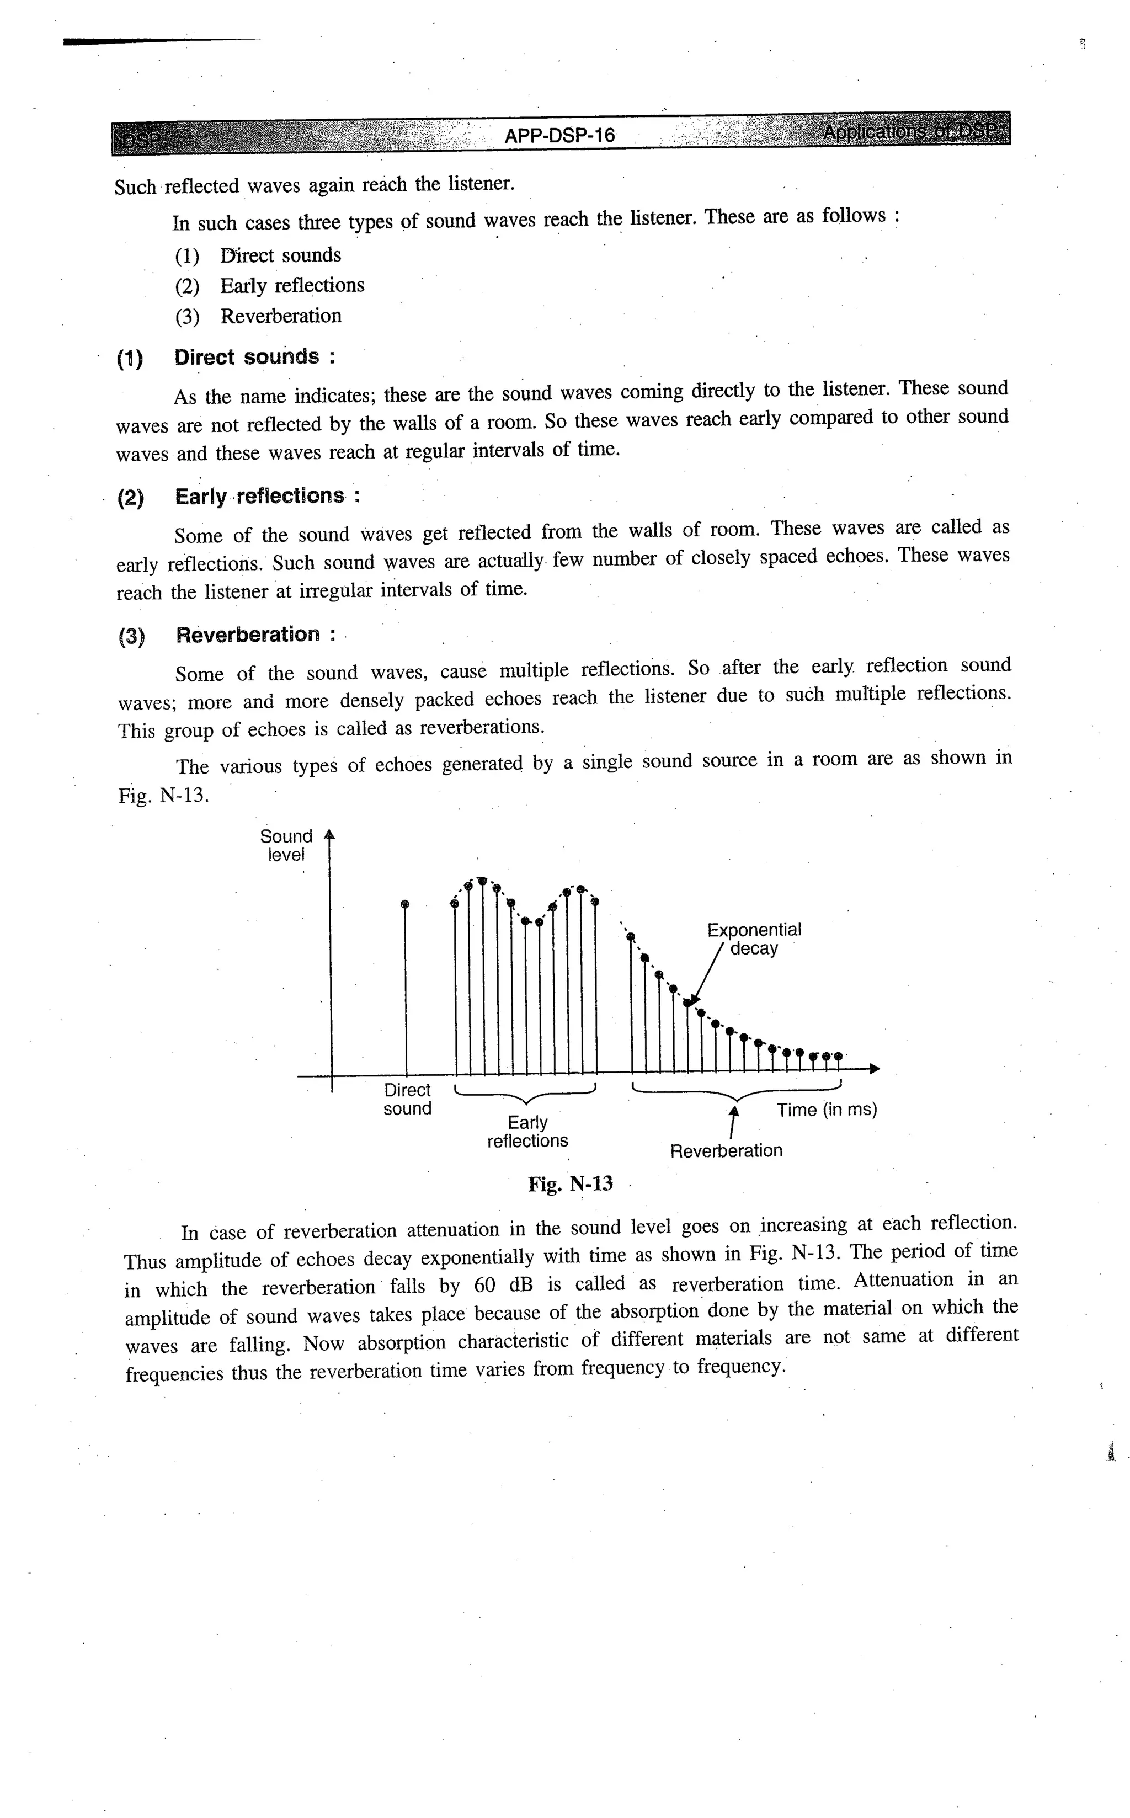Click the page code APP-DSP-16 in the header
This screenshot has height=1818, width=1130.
559,135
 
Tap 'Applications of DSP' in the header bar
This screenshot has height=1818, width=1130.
913,132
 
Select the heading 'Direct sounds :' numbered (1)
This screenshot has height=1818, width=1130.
254,357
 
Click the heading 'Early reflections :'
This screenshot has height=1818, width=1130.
268,496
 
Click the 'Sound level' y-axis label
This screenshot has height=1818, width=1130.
286,845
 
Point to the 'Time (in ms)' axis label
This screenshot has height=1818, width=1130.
827,1110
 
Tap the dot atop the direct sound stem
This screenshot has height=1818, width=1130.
405,904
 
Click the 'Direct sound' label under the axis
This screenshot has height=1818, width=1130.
407,1099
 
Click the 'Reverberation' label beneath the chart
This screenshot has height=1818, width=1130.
726,1151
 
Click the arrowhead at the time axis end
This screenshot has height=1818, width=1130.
875,1069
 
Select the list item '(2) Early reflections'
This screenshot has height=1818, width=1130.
270,285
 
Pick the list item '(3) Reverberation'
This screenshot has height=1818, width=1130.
259,316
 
